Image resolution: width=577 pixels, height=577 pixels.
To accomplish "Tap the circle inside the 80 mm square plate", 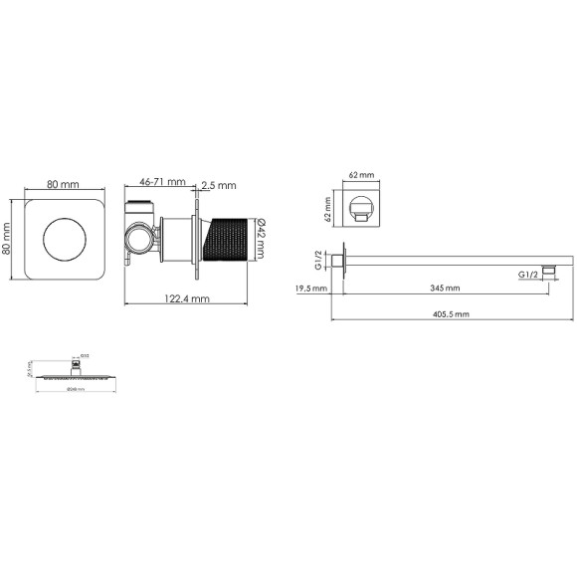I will [x=65, y=239].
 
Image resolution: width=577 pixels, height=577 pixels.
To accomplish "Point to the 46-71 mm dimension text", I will [x=162, y=182].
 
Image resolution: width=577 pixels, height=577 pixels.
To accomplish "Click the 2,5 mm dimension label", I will [x=220, y=185].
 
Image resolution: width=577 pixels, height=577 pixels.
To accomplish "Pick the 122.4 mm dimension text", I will [x=186, y=297].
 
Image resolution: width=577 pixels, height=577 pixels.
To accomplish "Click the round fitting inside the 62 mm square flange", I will [x=361, y=211].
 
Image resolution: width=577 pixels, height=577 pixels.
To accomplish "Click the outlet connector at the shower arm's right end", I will [x=547, y=270].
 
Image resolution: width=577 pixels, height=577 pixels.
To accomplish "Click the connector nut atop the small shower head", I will [x=73, y=370].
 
